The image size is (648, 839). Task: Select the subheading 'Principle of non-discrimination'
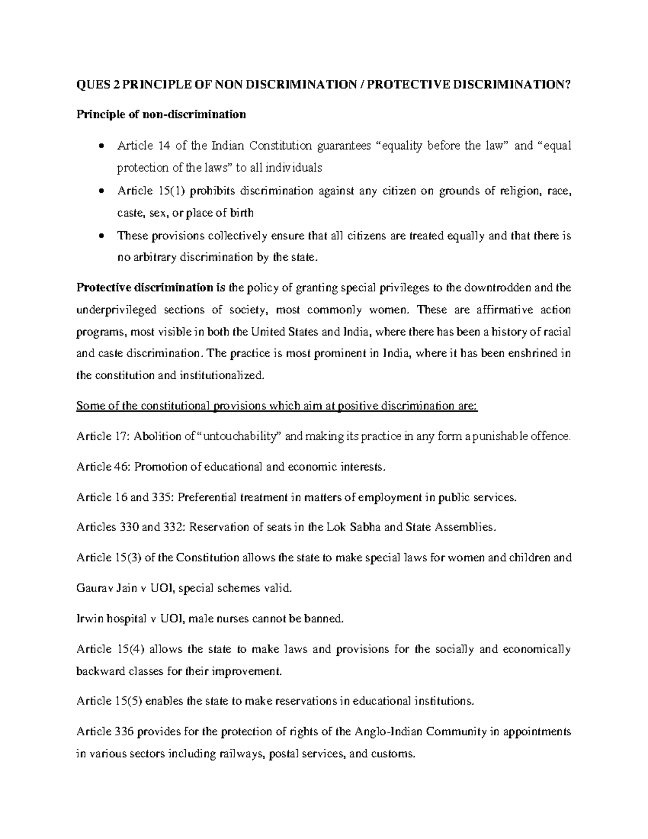pyautogui.click(x=161, y=115)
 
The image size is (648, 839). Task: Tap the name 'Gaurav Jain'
pyautogui.click(x=106, y=588)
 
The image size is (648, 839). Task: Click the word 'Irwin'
pyautogui.click(x=90, y=619)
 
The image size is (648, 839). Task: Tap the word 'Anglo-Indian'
pyautogui.click(x=388, y=732)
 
